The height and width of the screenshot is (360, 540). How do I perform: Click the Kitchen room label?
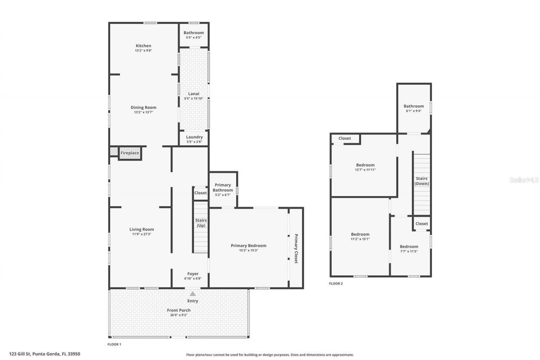point(143,46)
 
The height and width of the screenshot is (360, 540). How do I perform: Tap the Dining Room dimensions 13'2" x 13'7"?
point(143,112)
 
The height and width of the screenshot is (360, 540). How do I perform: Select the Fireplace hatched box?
point(130,153)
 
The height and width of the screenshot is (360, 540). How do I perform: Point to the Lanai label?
point(194,94)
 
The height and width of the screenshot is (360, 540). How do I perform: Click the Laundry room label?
point(194,137)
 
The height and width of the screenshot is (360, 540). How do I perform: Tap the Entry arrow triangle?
point(192,293)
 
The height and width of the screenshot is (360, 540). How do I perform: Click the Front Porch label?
point(179,310)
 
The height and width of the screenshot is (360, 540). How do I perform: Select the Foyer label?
point(192,273)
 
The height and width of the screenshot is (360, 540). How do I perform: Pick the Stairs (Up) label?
point(200,222)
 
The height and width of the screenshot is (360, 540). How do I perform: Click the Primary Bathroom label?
point(222,187)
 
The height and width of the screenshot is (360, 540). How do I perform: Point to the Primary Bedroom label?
point(248,245)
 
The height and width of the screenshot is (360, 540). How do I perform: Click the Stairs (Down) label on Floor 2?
point(421,181)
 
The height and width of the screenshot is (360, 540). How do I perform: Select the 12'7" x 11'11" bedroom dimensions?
point(365,170)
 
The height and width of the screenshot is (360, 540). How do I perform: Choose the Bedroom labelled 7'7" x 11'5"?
point(409,246)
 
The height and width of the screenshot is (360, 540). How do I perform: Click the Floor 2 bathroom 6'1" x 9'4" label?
point(413,106)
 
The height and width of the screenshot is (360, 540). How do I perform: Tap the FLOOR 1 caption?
point(114,344)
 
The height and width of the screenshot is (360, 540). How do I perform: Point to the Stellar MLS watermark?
point(524,180)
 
